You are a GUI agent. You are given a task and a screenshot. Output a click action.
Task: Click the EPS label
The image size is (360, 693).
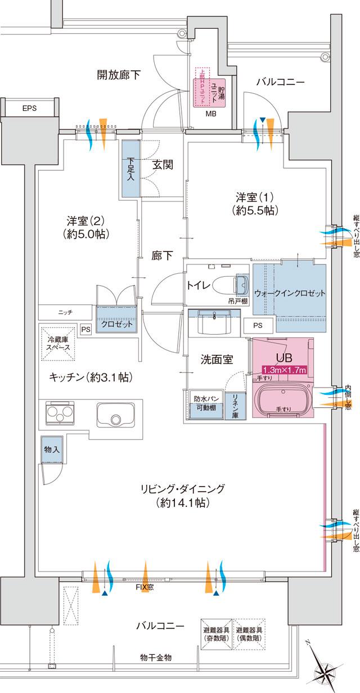[x=29, y=109]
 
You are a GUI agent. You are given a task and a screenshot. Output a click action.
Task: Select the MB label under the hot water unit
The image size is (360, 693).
[x=210, y=113]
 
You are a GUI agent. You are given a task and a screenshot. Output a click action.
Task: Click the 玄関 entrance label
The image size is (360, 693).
[x=162, y=164]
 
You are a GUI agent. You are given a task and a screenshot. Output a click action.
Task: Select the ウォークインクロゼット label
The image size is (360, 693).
[x=290, y=278]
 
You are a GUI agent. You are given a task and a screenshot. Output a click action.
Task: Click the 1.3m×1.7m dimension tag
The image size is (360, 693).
[x=283, y=370]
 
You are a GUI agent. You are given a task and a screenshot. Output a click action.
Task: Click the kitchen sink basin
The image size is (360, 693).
[x=115, y=416]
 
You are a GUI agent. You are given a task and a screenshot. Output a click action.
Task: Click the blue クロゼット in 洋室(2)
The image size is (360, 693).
[x=117, y=325]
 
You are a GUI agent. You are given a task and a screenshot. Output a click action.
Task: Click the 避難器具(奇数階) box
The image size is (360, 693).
[x=216, y=634]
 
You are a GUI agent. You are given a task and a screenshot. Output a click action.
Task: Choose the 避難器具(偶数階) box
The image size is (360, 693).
[x=249, y=634]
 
